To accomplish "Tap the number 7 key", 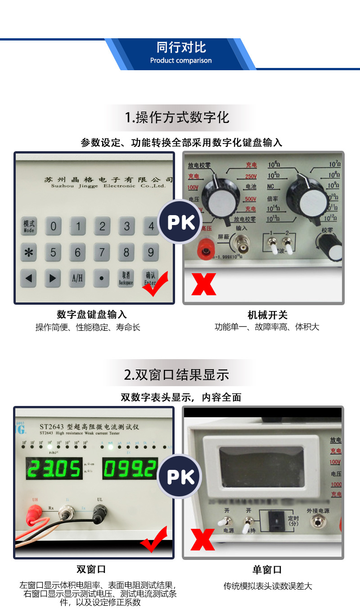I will [x=102, y=252].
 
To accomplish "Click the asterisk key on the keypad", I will [x=29, y=252].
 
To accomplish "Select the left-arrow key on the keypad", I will [x=29, y=278].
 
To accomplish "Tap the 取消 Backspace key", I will [x=126, y=278].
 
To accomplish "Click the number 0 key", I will [x=53, y=226].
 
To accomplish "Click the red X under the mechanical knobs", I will [x=203, y=284].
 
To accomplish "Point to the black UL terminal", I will [x=99, y=514].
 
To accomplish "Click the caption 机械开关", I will [x=267, y=315].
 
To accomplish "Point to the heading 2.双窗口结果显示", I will [x=177, y=375].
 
